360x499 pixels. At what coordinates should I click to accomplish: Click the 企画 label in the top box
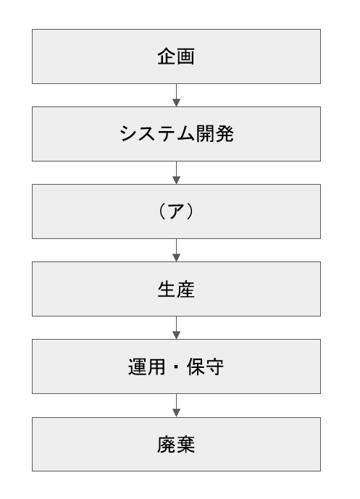[x=176, y=56]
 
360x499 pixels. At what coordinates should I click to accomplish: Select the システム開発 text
[x=176, y=134]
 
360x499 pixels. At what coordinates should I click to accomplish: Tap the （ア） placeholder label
[x=176, y=211]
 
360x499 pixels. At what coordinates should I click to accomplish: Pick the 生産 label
[x=176, y=289]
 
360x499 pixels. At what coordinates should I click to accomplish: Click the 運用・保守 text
[x=176, y=366]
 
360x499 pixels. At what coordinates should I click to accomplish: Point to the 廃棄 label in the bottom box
[x=176, y=444]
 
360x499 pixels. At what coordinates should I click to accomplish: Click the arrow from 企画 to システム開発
[x=176, y=95]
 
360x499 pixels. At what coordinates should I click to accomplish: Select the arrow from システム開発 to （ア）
[x=176, y=172]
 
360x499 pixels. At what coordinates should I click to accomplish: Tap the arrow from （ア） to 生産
[x=176, y=250]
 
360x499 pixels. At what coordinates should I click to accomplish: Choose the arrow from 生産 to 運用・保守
[x=176, y=328]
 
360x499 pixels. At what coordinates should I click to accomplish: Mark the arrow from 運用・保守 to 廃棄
[x=176, y=406]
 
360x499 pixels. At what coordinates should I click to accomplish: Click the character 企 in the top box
[x=167, y=56]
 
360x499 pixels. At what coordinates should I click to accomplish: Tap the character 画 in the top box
[x=185, y=56]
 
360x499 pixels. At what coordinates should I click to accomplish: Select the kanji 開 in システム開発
[x=205, y=134]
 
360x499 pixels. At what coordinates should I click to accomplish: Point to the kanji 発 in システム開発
[x=225, y=134]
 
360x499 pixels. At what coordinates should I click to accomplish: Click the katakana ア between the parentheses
[x=176, y=211]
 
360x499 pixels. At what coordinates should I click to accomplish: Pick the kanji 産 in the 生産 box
[x=185, y=289]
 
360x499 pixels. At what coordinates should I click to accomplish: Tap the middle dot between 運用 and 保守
[x=176, y=366]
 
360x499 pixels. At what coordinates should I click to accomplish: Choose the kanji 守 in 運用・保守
[x=215, y=366]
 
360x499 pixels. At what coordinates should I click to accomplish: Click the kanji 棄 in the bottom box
[x=185, y=444]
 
